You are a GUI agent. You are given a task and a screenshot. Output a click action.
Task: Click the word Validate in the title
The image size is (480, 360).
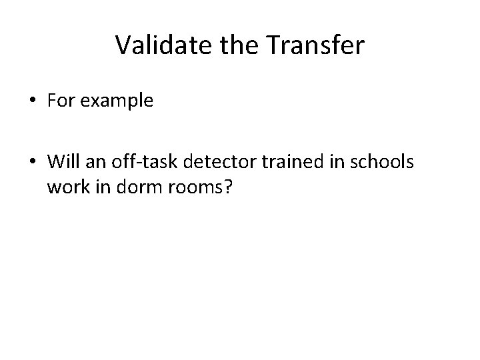163,45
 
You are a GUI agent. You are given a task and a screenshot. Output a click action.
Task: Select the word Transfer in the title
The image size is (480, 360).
315,45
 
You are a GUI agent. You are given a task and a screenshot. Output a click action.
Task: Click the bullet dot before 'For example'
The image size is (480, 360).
31,102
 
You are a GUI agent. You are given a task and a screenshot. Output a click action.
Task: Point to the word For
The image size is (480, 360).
59,101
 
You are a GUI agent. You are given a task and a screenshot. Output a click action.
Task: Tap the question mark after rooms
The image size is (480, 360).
227,187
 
